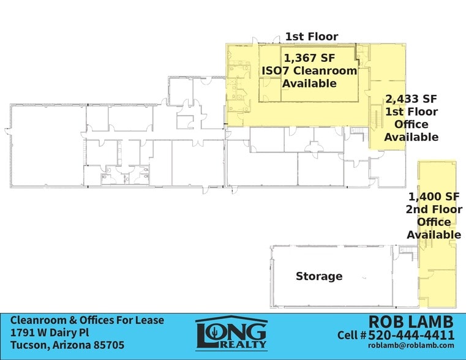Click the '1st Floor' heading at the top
click(x=311, y=37)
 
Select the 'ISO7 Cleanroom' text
click(x=309, y=70)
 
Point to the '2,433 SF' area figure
click(x=411, y=99)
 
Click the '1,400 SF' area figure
click(x=434, y=197)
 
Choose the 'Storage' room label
click(x=319, y=276)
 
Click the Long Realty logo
click(x=231, y=334)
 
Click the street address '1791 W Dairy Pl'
click(x=50, y=332)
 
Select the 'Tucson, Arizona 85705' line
click(x=67, y=345)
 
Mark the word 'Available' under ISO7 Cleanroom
click(x=309, y=83)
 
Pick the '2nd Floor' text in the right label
click(x=434, y=209)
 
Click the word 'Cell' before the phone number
click(x=349, y=335)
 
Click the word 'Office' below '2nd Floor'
click(x=434, y=222)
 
